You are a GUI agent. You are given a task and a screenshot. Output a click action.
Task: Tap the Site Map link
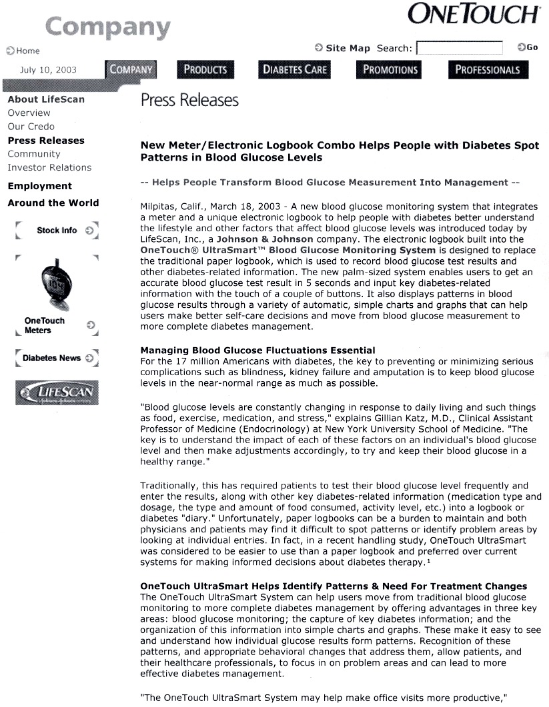347,48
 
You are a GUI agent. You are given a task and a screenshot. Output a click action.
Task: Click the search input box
459,48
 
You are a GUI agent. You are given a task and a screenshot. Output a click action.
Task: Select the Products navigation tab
205,69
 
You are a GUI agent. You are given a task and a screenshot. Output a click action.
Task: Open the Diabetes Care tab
295,69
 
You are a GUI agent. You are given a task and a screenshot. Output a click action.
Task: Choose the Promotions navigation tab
390,69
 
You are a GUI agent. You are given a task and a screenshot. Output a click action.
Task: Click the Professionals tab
488,69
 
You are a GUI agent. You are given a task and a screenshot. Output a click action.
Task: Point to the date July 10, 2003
48,70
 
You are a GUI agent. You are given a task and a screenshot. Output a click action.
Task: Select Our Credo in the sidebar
31,127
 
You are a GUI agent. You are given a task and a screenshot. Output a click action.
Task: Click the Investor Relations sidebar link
49,167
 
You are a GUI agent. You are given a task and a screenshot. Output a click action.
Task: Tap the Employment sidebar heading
39,186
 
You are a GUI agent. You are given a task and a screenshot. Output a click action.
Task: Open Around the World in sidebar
53,203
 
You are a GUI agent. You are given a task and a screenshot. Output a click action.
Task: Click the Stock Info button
57,231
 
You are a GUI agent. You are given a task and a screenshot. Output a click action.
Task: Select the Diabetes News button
57,358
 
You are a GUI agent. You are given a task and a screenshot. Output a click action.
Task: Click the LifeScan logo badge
57,392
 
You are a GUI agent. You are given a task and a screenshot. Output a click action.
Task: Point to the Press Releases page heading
189,100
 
